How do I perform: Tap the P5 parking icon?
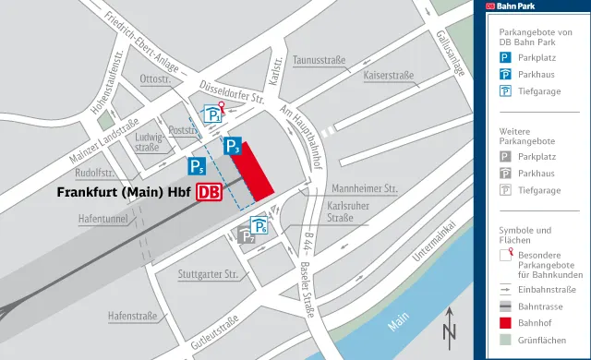(197, 166)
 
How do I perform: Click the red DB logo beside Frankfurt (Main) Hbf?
(210, 193)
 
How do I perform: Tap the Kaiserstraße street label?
(388, 75)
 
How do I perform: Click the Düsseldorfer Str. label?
(233, 91)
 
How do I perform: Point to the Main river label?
(398, 324)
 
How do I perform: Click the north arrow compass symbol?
(449, 326)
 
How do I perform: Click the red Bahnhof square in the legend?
(505, 323)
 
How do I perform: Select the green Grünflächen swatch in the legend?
(505, 341)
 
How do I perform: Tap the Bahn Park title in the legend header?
(520, 6)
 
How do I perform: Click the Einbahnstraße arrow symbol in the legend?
(505, 289)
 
